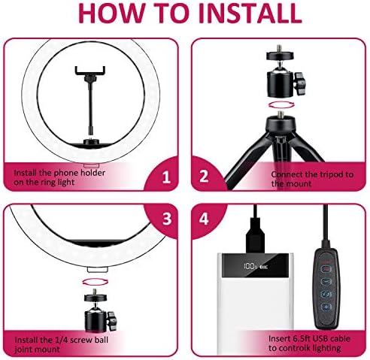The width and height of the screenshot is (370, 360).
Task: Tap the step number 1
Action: pos(166,177)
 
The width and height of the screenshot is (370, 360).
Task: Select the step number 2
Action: pos(204,176)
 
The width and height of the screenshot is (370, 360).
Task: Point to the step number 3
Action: pos(167,219)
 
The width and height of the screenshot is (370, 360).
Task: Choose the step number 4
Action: pos(204,219)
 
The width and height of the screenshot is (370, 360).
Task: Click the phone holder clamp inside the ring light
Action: pos(90,71)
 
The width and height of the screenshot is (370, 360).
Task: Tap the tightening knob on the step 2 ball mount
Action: pos(300,83)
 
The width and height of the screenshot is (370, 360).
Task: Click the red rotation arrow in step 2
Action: pos(280,104)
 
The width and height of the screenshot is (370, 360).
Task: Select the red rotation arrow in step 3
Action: pos(93,281)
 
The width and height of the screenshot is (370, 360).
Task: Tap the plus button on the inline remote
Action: pos(326,307)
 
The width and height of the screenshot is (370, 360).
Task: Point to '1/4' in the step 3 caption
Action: pos(61,340)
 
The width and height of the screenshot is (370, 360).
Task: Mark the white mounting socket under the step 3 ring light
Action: pos(98,270)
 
